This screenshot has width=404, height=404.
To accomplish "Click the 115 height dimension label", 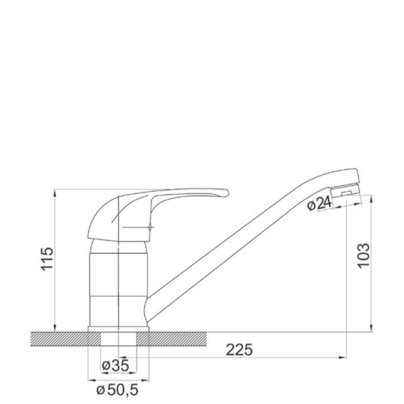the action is click(47, 259).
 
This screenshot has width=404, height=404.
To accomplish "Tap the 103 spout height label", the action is click(364, 255).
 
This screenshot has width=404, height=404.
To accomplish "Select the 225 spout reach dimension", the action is click(239, 350).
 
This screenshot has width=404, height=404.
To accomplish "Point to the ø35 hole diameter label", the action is click(115, 366).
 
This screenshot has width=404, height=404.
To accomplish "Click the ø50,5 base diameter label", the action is click(117, 390).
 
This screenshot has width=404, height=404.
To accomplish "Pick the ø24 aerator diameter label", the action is click(319, 204).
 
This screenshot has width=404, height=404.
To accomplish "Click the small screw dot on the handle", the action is click(149, 228).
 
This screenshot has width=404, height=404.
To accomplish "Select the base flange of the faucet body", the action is click(119, 329).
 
